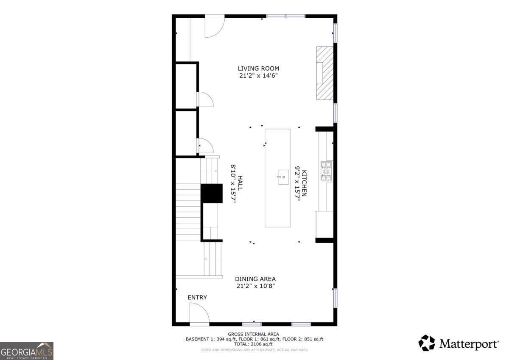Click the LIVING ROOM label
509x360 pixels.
pos(258,68)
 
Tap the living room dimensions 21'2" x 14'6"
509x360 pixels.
pos(258,76)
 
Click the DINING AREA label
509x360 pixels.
pos(255,279)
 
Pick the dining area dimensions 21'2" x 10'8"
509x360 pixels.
pos(255,286)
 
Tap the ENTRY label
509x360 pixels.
pos(197,298)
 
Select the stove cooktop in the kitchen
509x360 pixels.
pos(326,172)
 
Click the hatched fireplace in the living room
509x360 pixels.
pos(325,73)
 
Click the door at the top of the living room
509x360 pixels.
pos(214,26)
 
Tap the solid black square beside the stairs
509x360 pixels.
pos(211,193)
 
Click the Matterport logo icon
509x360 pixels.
pos(427,343)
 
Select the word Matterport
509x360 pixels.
pos(469,343)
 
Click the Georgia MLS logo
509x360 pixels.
pos(27,351)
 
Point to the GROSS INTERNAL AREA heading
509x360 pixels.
pos(254,334)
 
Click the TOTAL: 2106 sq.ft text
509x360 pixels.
pos(254,344)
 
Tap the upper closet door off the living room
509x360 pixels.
pos(206,99)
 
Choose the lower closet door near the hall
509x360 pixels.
pos(206,146)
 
